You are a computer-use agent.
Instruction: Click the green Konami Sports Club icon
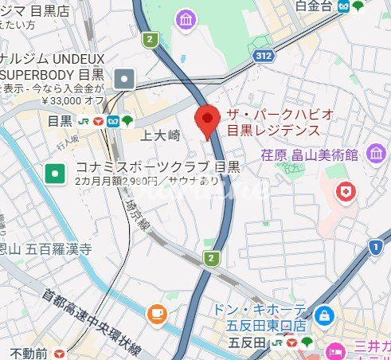55,172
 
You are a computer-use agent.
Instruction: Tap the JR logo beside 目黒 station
82,121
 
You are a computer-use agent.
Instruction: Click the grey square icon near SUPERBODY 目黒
126,78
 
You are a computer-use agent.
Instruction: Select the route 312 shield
265,55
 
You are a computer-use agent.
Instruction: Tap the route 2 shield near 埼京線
210,258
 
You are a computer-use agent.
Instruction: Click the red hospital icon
345,191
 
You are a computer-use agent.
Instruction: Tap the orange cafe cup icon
157,312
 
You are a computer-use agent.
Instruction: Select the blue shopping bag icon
323,316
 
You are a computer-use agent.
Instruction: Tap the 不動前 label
30,353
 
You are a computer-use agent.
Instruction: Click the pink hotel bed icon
335,351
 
